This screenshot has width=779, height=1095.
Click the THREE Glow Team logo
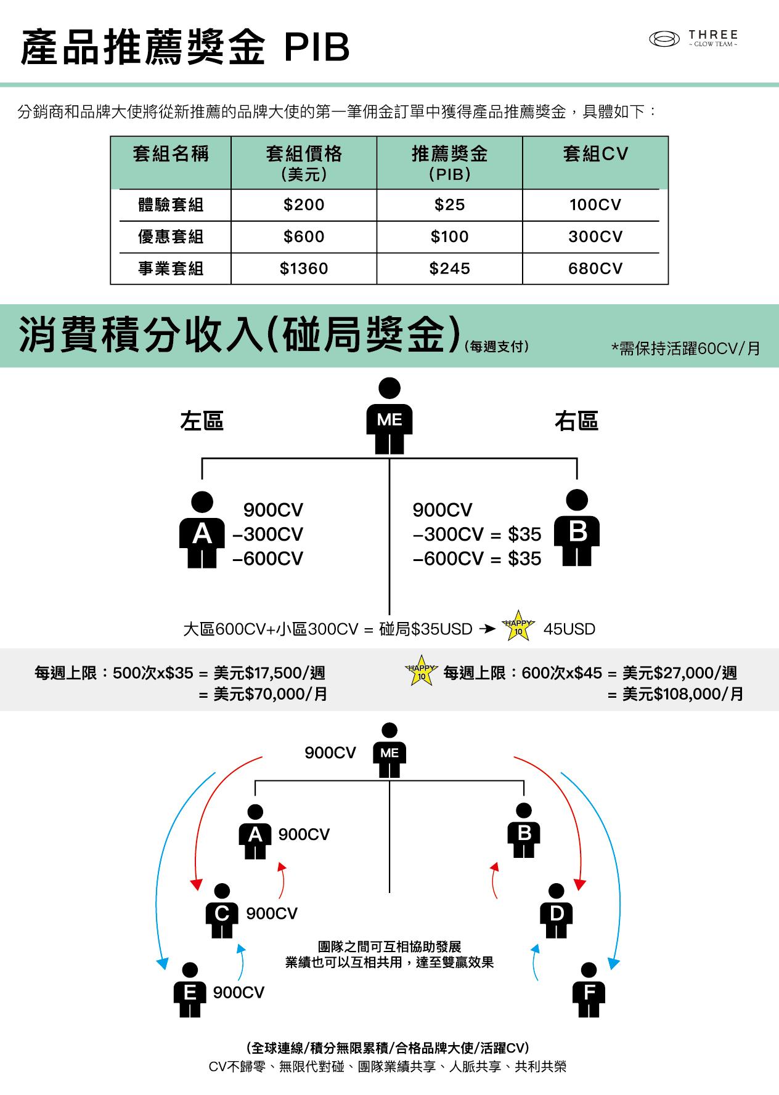coord(693,39)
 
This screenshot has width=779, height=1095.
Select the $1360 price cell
coord(304,269)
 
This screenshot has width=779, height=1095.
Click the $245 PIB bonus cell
coord(449,269)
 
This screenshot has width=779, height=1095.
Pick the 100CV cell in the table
coord(595,205)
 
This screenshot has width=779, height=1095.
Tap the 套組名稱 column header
coord(171,154)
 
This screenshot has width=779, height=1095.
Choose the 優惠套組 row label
coord(171,237)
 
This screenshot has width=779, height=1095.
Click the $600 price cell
coord(304,237)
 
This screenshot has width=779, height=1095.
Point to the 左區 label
coord(202,421)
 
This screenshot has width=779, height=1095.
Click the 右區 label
coord(576,421)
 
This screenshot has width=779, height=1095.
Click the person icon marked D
coord(556,911)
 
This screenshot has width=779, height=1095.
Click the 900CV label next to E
coord(239,993)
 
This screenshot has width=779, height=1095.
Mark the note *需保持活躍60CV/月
coord(685,349)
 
